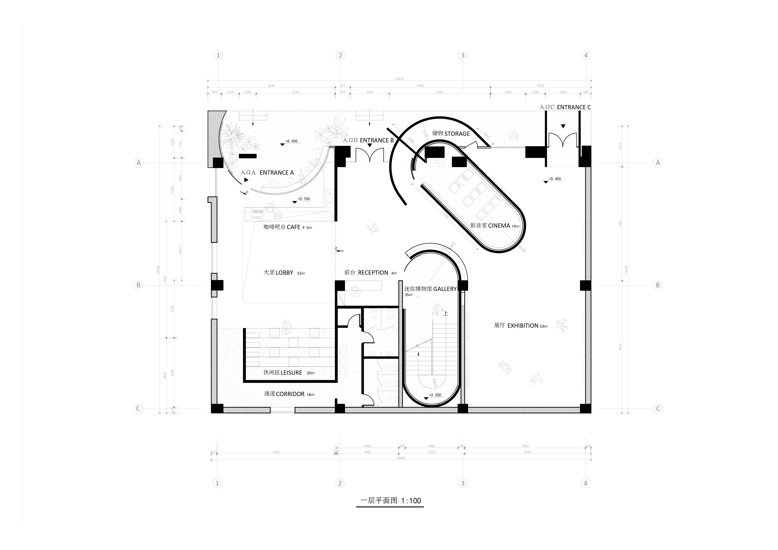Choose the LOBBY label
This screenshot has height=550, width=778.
click(284, 273)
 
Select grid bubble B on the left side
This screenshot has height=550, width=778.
click(138, 285)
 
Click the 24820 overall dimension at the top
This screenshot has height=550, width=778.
click(399, 79)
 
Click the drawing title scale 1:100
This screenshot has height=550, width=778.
click(411, 501)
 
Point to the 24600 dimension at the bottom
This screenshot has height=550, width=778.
click(401, 458)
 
